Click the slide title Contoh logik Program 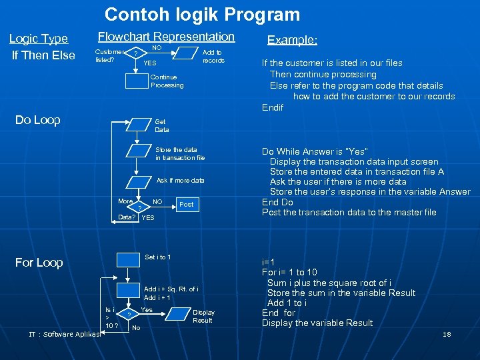[x=203, y=15]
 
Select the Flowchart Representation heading [x=166, y=37]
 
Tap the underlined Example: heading [x=292, y=40]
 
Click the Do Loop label [x=38, y=120]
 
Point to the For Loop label [x=39, y=263]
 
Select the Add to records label [x=213, y=57]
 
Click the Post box [x=186, y=204]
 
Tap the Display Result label [x=203, y=316]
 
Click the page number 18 [x=447, y=334]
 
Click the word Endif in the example [x=273, y=107]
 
